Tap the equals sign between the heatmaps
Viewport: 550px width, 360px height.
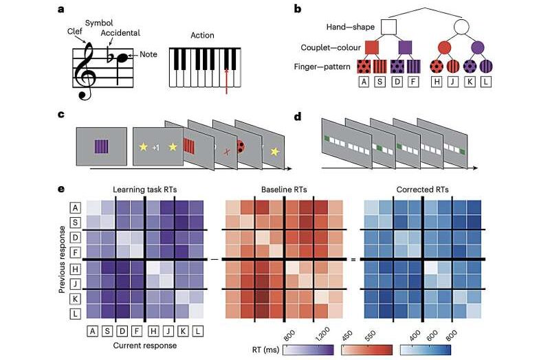(353, 259)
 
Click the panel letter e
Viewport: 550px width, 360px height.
(63, 189)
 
